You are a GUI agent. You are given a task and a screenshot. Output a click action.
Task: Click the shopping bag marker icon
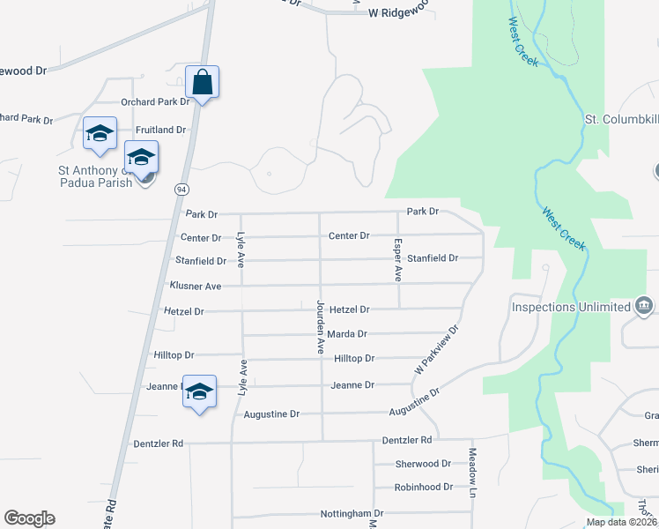(x=202, y=83)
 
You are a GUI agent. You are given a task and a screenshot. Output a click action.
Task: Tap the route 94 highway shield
(x=181, y=190)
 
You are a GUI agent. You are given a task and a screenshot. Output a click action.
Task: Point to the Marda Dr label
(x=346, y=334)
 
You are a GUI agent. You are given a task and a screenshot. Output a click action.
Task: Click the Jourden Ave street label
(x=321, y=327)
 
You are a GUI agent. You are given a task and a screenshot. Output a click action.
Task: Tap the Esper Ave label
(x=398, y=260)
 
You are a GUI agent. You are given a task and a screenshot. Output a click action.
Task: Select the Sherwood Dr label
(x=423, y=464)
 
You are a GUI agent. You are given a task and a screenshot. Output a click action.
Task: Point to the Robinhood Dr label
(x=424, y=487)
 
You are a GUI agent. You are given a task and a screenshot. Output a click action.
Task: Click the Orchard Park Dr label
(x=155, y=102)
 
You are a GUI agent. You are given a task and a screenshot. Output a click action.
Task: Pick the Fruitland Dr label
(x=160, y=130)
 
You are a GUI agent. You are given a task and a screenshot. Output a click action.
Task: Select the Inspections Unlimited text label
(x=571, y=308)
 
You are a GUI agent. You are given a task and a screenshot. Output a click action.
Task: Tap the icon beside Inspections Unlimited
(x=644, y=306)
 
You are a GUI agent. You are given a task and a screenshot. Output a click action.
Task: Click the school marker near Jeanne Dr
(x=200, y=391)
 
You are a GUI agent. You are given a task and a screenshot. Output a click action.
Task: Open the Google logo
(x=29, y=518)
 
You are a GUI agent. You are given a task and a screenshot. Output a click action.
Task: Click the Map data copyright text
(x=622, y=522)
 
